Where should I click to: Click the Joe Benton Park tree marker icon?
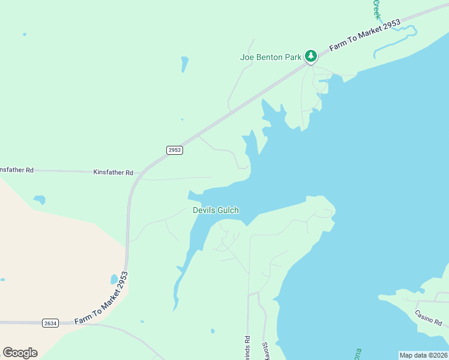tap(310, 56)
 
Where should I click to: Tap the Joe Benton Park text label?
tap(270, 58)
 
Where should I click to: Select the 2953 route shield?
tap(175, 150)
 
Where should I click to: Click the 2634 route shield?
tap(50, 323)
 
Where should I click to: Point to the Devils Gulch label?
tap(215, 210)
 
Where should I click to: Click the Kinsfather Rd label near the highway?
tap(113, 172)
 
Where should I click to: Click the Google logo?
tap(20, 353)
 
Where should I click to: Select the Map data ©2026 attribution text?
tap(423, 355)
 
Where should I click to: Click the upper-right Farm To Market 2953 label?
tap(366, 37)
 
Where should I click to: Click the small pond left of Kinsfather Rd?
tap(40, 199)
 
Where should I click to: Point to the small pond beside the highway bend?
tap(114, 279)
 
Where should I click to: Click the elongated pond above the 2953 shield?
tap(185, 64)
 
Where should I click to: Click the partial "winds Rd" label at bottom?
tap(247, 347)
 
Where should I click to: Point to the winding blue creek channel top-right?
tap(396, 40)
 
